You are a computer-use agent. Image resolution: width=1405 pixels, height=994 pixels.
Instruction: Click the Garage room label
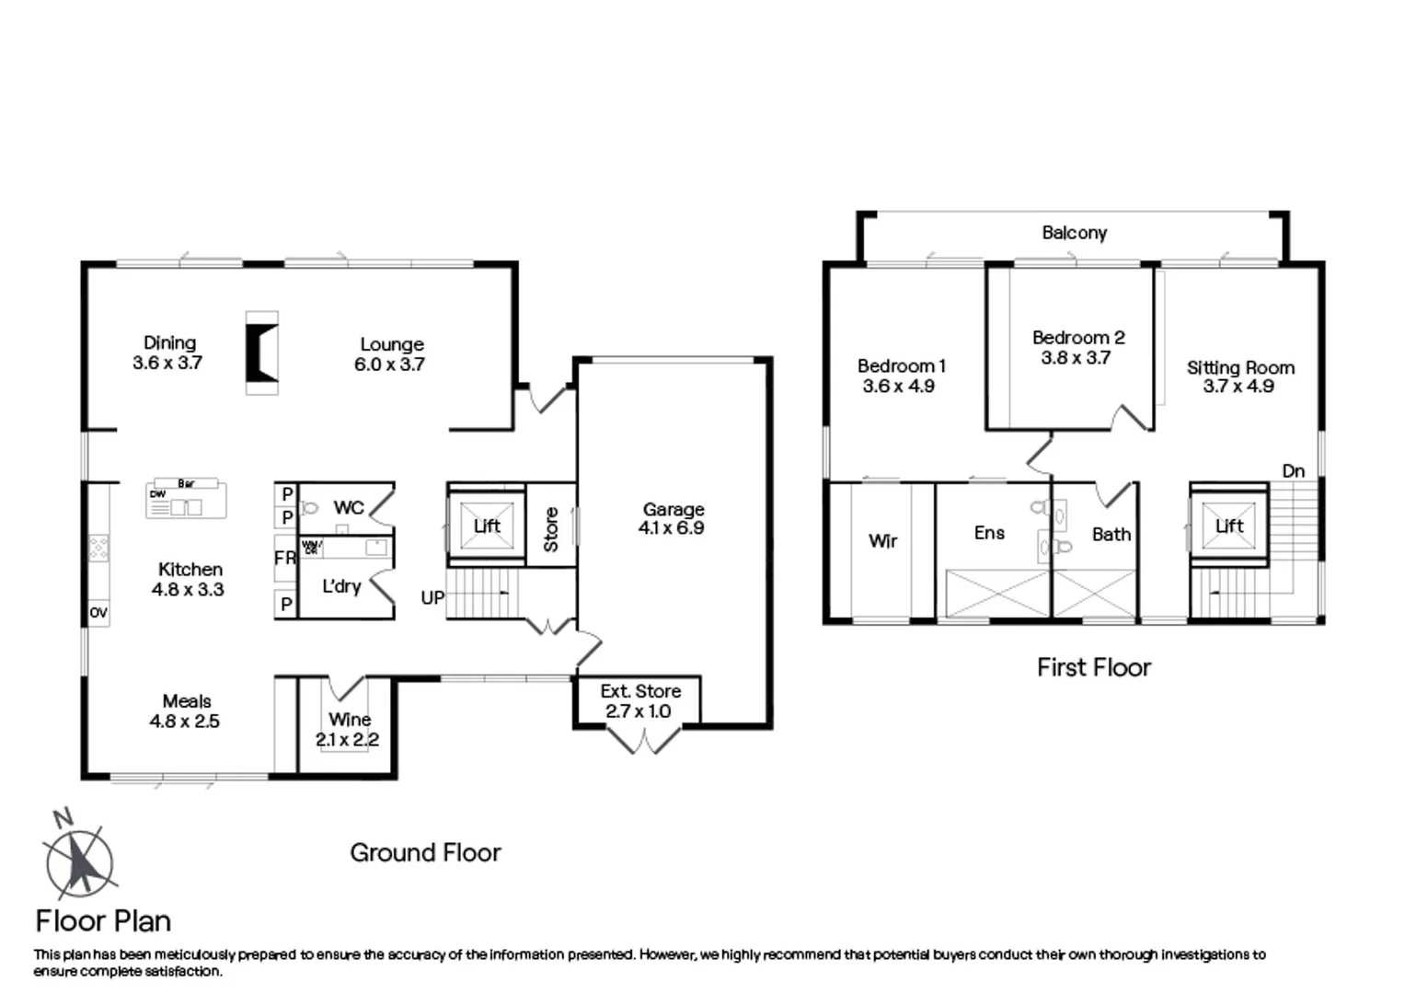point(674,509)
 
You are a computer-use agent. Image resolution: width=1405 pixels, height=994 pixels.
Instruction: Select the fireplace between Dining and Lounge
point(261,353)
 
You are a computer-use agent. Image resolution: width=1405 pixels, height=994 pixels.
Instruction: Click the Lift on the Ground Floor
point(486,526)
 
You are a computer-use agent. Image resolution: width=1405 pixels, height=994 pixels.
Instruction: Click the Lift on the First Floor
point(1229,526)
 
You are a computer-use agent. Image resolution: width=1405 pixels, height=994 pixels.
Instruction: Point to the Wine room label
point(350,719)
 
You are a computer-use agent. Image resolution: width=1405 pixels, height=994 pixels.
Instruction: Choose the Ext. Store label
point(640,691)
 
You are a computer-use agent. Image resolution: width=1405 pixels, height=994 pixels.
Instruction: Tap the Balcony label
point(1074,233)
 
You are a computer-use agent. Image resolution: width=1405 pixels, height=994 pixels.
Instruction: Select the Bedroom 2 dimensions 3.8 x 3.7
point(1076,358)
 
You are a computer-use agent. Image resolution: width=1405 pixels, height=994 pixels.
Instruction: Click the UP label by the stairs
point(432,598)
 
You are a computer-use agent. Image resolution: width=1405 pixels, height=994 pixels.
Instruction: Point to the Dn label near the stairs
point(1293,471)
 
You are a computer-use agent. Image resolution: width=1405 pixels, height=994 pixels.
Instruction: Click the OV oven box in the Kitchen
point(98,613)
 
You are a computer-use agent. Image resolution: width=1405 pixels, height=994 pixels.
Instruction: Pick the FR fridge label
point(284,559)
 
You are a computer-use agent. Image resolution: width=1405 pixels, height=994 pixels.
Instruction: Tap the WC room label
point(349,507)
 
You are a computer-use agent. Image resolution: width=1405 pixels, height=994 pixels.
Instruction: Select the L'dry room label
point(341,586)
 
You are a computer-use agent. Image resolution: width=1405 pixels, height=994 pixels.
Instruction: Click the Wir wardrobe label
point(882,541)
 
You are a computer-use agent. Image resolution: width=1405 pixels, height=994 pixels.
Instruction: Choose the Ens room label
point(989,533)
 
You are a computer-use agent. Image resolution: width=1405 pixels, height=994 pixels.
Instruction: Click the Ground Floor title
point(425,853)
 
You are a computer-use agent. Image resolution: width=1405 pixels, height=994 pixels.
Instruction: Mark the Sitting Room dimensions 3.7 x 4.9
point(1238,387)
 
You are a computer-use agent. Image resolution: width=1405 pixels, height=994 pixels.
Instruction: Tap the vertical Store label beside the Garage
point(550,530)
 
